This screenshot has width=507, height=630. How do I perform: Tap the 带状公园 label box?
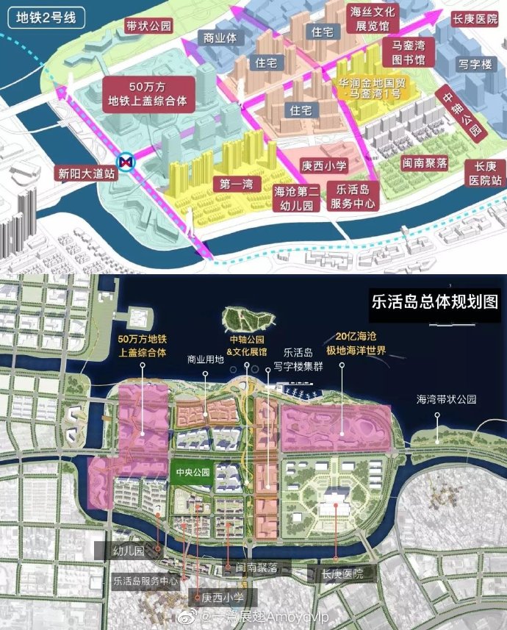pyautogui.click(x=148, y=26)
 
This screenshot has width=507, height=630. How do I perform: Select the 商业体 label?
pyautogui.click(x=220, y=37)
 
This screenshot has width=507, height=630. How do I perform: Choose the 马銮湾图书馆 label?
pyautogui.click(x=409, y=52)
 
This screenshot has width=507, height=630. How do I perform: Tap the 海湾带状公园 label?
pyautogui.click(x=447, y=401)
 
